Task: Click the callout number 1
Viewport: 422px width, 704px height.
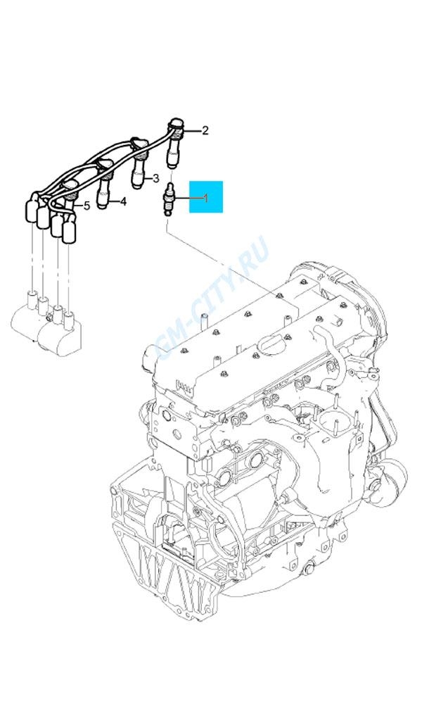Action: coord(206,198)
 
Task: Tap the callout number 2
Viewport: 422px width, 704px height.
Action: coord(205,131)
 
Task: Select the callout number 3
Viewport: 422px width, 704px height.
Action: coord(155,178)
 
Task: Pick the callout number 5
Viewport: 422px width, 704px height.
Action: coord(87,206)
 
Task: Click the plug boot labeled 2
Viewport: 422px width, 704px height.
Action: coord(175,144)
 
